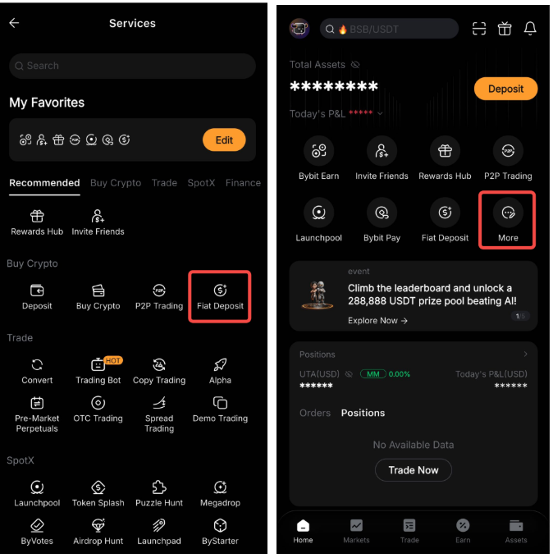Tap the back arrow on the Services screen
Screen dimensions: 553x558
(14, 23)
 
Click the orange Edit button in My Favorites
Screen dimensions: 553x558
(224, 139)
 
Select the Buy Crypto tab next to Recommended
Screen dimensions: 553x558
(116, 183)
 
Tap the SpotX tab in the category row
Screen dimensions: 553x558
(201, 183)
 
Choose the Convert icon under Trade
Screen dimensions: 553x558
(37, 365)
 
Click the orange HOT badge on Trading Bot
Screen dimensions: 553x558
(113, 360)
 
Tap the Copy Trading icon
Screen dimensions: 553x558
(159, 365)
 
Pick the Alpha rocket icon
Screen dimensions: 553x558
(220, 365)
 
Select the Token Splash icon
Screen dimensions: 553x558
(98, 487)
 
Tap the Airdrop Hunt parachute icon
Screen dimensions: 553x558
(98, 525)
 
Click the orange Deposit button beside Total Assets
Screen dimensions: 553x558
(505, 89)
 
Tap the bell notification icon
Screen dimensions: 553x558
(530, 29)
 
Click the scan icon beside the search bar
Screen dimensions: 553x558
(479, 29)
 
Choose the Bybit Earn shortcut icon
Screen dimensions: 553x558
(319, 150)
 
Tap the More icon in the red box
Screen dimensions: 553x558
(508, 213)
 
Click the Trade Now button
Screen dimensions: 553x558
(414, 470)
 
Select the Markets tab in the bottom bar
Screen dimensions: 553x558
(356, 531)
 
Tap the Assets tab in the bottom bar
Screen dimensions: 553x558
(516, 531)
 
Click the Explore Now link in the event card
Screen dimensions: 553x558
(377, 321)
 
